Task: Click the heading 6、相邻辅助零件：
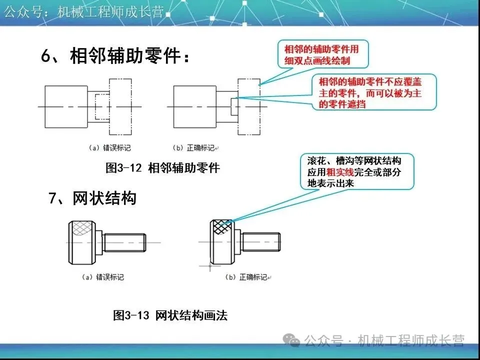(115, 56)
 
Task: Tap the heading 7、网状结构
(92, 198)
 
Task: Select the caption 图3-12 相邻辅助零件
(162, 168)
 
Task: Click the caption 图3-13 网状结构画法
(170, 315)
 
